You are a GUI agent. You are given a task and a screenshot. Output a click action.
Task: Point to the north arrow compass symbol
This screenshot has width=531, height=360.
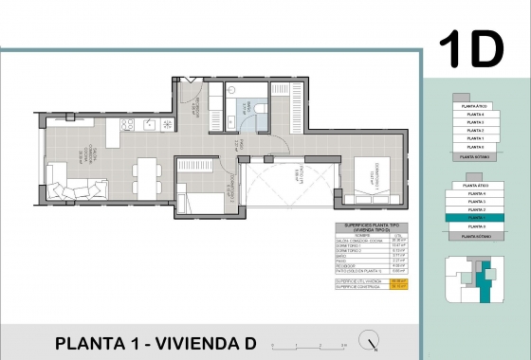click(377, 343)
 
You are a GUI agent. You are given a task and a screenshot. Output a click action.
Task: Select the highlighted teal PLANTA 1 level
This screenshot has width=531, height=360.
click(475, 218)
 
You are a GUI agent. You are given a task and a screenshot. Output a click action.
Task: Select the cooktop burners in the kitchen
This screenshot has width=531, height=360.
click(153, 125)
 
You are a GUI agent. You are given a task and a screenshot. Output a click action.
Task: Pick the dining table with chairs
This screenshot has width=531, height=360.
click(147, 174)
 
